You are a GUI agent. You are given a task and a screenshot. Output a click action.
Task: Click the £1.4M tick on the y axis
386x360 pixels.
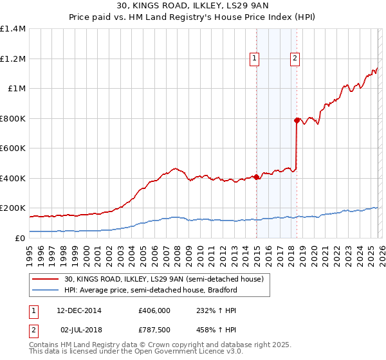click(13, 29)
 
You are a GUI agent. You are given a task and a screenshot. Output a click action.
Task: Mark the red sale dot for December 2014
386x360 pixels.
click(256, 177)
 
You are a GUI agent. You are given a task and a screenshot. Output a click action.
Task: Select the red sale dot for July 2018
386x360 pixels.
click(297, 120)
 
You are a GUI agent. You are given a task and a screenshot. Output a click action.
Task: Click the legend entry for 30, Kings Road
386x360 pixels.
click(163, 280)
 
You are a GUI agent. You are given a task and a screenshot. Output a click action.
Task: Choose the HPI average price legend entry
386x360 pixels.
click(151, 291)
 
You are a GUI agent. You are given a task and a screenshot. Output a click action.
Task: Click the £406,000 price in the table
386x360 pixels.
click(154, 310)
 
